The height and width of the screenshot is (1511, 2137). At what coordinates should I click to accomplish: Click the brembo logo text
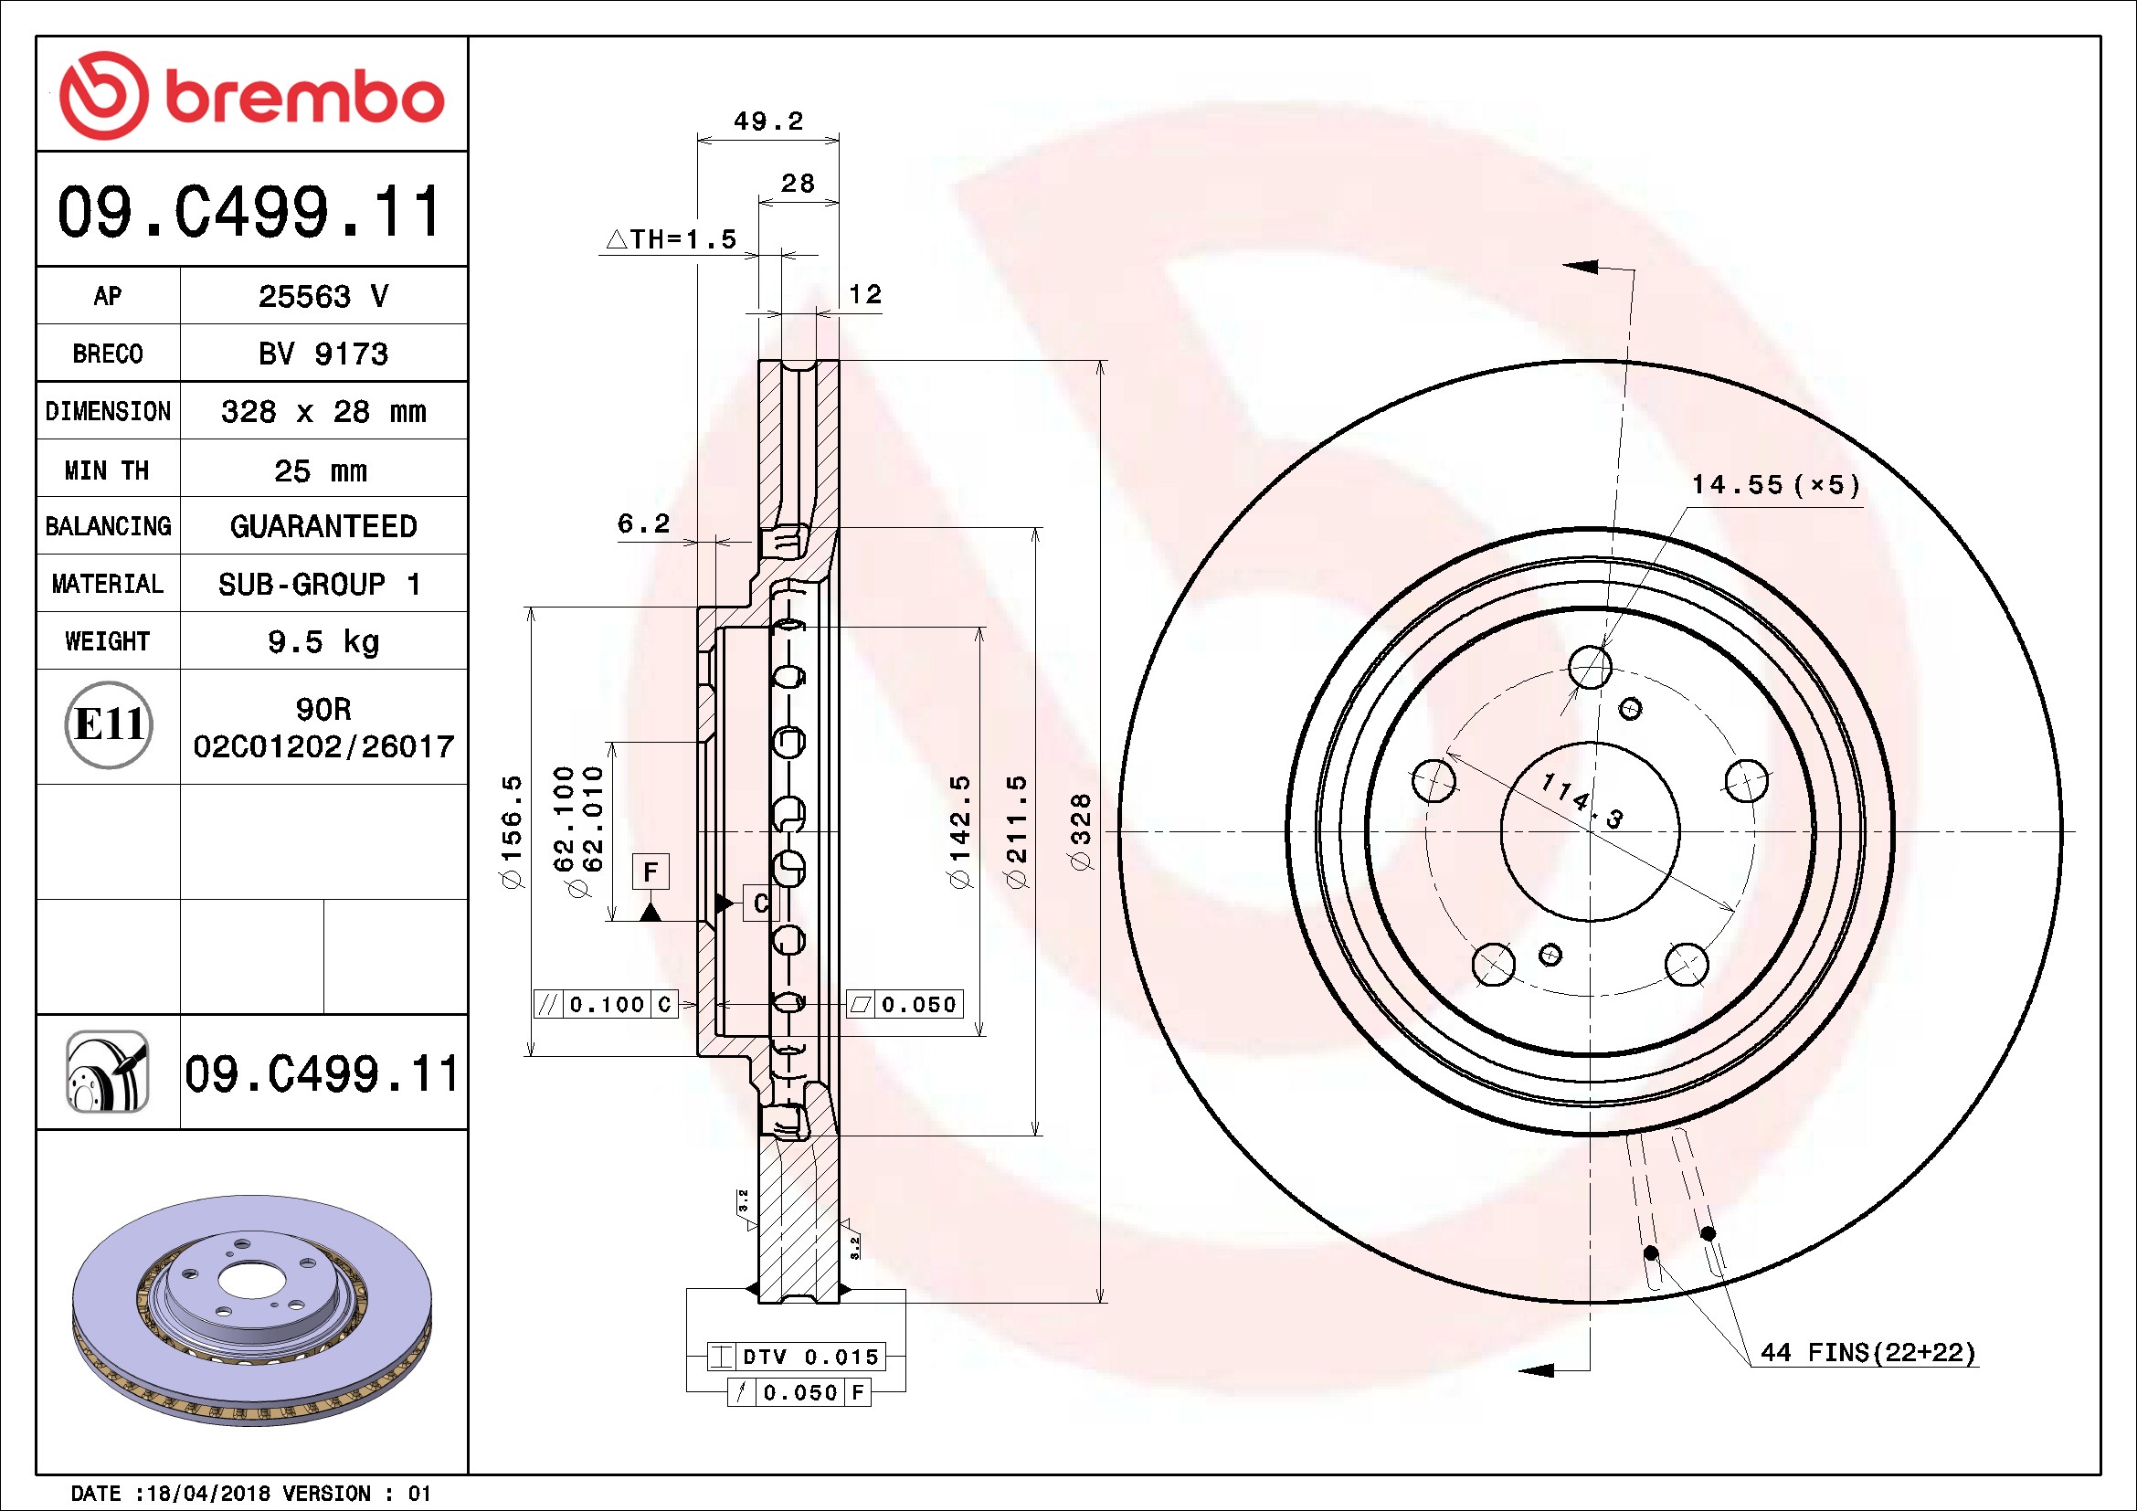coord(303,97)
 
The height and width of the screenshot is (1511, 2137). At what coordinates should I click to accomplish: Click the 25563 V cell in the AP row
coord(323,296)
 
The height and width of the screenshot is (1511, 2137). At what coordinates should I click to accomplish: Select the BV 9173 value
coord(323,354)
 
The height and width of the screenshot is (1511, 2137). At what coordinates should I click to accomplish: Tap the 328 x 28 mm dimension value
coord(323,411)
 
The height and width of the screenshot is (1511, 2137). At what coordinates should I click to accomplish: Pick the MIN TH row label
coord(107,470)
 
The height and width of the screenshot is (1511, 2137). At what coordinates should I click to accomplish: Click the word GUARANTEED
coord(323,526)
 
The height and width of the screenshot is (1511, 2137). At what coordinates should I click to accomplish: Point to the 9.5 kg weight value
coord(323,641)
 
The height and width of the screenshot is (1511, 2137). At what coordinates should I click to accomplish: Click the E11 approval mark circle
coord(109,724)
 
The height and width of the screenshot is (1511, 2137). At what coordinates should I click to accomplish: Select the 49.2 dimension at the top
coord(767,121)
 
